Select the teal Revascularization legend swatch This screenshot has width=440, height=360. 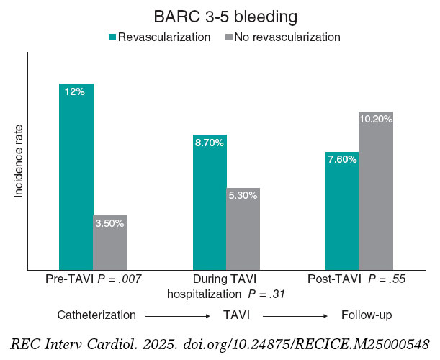coord(112,37)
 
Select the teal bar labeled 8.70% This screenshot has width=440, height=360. coord(210,202)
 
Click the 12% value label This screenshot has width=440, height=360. coord(75,91)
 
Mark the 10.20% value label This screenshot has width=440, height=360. coord(376,120)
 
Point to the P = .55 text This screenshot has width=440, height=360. coord(394,279)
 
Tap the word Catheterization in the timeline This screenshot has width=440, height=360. coord(97,315)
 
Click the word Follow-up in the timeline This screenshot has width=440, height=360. coord(366,315)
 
